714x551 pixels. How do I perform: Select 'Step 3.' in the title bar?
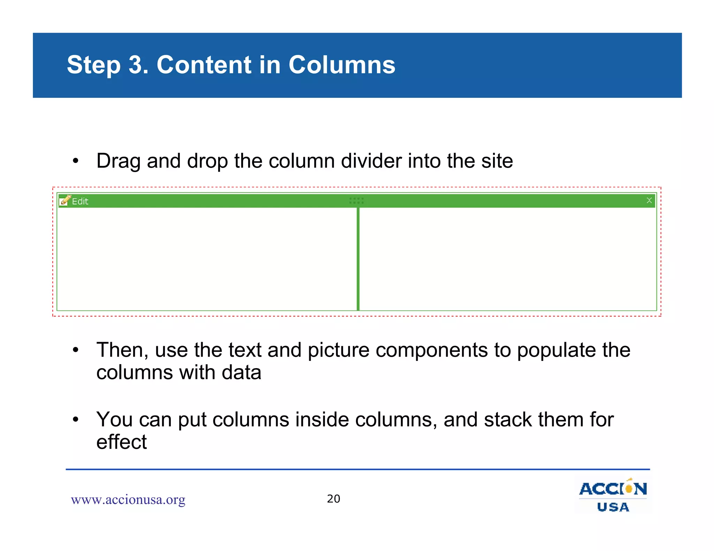pyautogui.click(x=107, y=65)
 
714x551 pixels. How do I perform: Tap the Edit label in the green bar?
pyautogui.click(x=80, y=201)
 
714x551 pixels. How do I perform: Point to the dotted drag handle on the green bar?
pyautogui.click(x=356, y=201)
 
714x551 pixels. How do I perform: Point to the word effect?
pyautogui.click(x=121, y=442)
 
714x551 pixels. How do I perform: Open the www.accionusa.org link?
pyautogui.click(x=128, y=500)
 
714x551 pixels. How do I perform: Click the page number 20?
pyautogui.click(x=333, y=499)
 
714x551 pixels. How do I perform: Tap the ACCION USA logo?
pyautogui.click(x=613, y=496)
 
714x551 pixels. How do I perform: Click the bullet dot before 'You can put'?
pyautogui.click(x=76, y=420)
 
